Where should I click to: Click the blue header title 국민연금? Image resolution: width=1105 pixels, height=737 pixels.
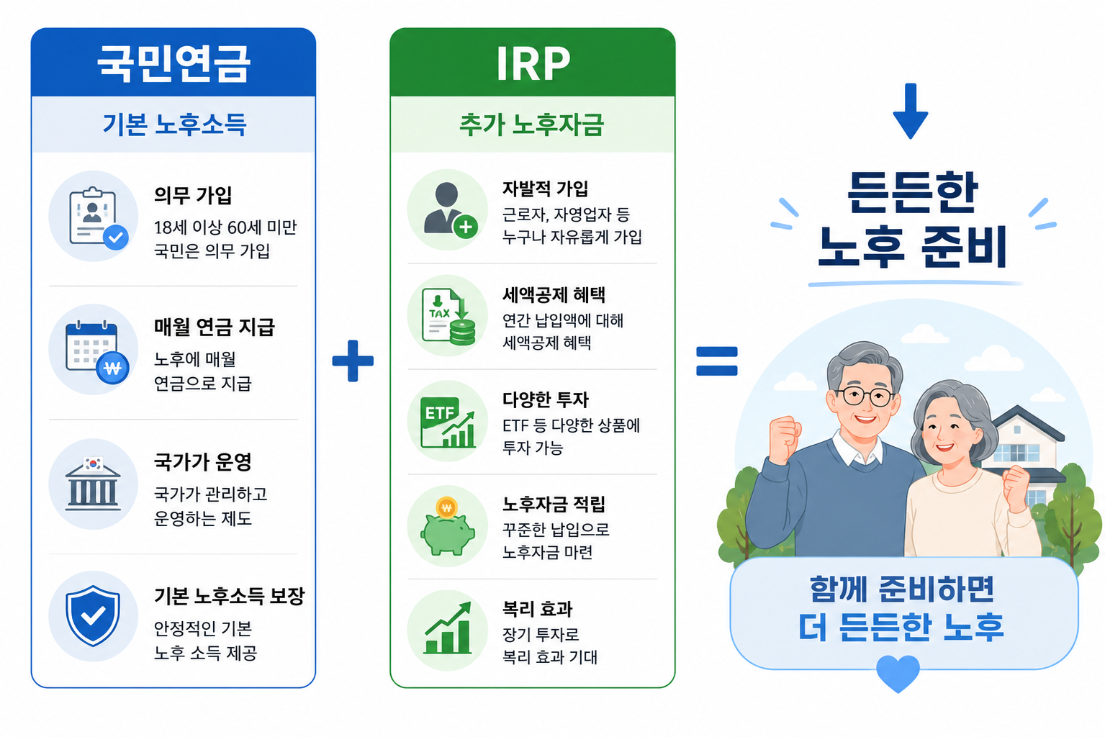(x=173, y=63)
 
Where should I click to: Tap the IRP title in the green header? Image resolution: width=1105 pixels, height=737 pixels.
(x=533, y=63)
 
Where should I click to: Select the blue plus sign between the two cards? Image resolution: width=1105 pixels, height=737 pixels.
(x=353, y=361)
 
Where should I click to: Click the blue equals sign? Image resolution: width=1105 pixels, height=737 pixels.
(x=716, y=361)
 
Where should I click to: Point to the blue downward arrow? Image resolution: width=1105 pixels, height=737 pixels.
(x=911, y=111)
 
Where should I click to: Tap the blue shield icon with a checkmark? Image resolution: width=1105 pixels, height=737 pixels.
(x=94, y=615)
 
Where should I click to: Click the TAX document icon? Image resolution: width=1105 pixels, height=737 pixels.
(x=448, y=316)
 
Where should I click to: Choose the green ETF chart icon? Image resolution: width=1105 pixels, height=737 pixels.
(x=448, y=422)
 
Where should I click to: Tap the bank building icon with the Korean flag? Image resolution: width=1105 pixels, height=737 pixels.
(x=93, y=484)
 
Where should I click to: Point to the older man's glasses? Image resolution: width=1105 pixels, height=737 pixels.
(x=865, y=396)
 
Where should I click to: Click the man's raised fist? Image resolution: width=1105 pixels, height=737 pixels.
(x=785, y=438)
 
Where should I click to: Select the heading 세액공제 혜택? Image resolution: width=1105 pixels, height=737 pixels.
(x=554, y=294)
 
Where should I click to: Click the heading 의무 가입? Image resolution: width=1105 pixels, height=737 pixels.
(x=193, y=195)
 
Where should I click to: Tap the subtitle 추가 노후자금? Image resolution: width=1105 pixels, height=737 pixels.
(x=532, y=124)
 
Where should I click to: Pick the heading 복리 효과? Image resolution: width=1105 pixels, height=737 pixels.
(x=537, y=609)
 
